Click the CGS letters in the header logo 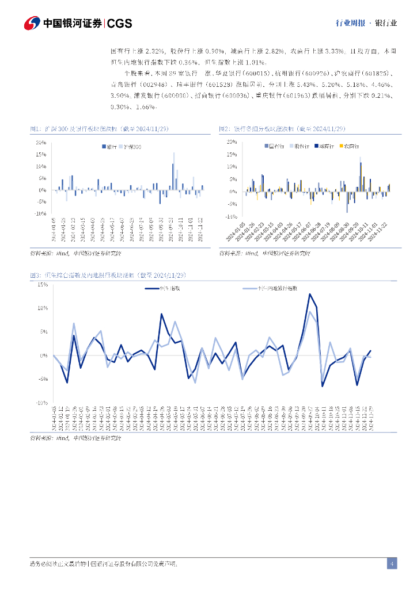[120, 24]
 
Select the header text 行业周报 [349, 24]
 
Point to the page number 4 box [392, 564]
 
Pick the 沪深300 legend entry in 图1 [134, 147]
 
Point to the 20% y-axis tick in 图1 [40, 141]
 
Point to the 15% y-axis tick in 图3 [42, 284]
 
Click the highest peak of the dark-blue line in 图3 [309, 294]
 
